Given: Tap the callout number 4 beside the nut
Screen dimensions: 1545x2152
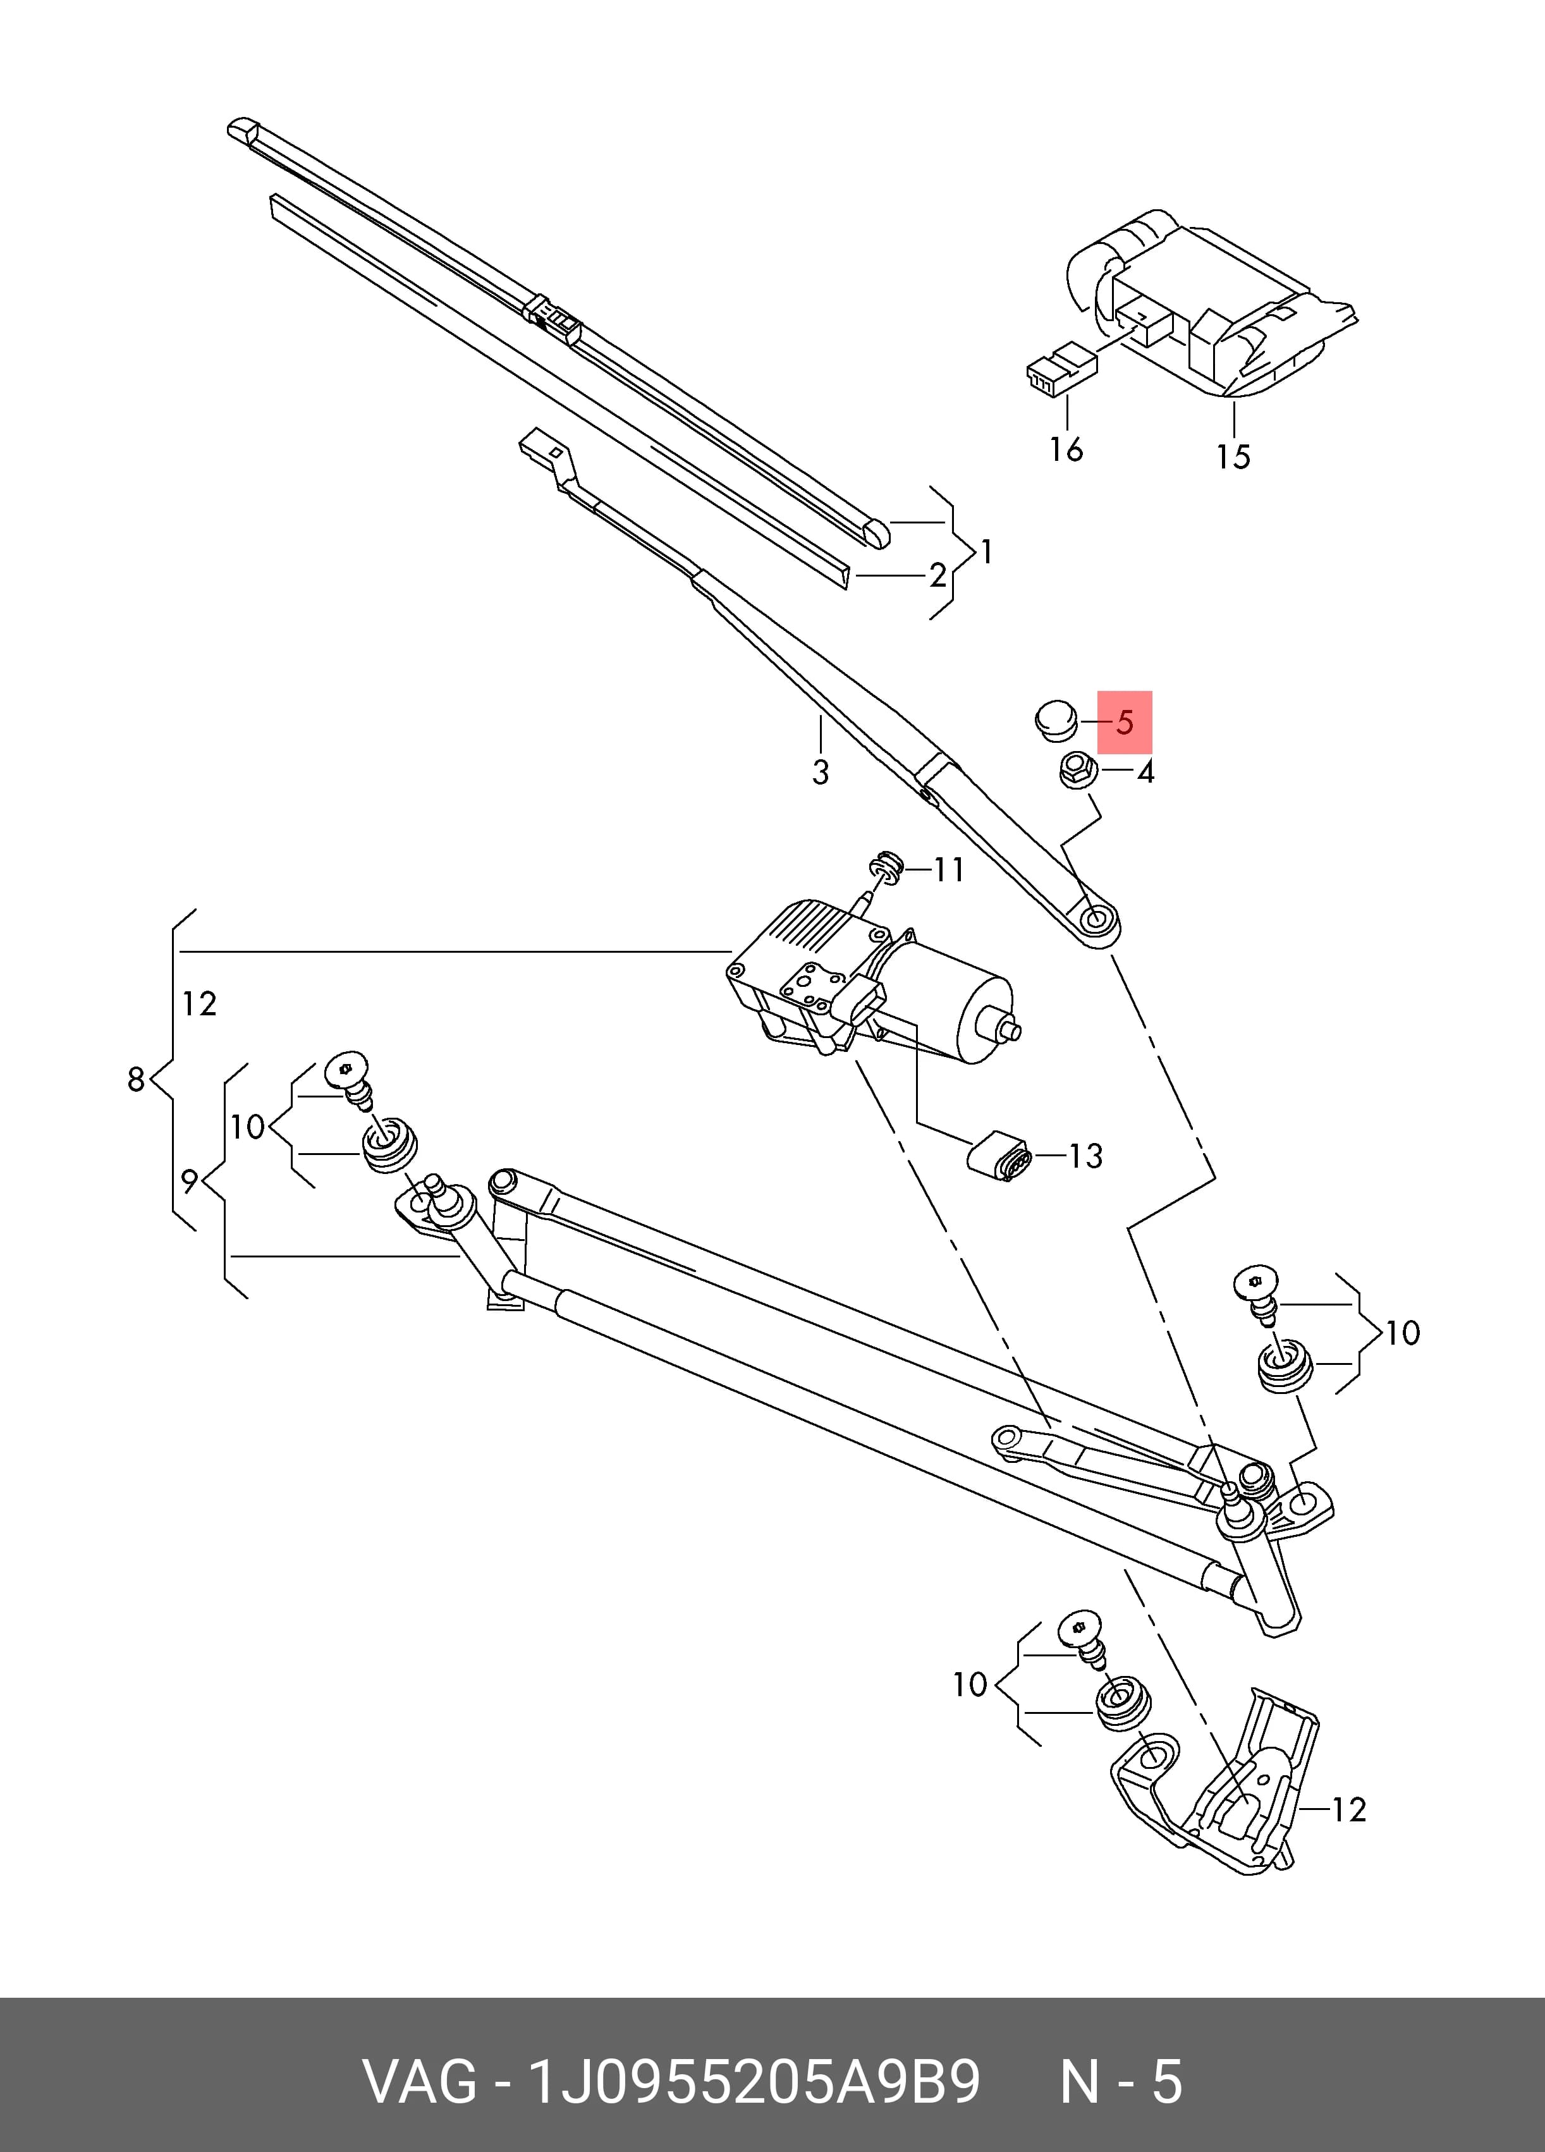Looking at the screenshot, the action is pyautogui.click(x=1145, y=773).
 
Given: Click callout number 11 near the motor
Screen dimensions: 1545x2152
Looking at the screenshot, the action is pyautogui.click(x=949, y=869).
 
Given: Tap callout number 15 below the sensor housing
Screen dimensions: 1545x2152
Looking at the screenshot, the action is pyautogui.click(x=1234, y=457).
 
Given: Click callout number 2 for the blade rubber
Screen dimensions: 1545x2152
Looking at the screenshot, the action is pyautogui.click(x=937, y=575).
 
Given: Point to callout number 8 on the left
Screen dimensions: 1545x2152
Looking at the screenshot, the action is pyautogui.click(x=137, y=1079).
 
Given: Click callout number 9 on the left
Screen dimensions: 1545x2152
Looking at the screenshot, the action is pyautogui.click(x=190, y=1182).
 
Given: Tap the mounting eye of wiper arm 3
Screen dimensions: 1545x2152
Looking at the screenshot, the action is pyautogui.click(x=1095, y=919).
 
